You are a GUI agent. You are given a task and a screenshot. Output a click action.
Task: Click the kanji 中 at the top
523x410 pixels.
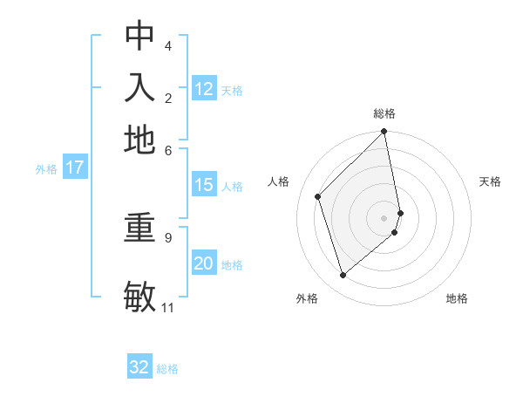(139, 36)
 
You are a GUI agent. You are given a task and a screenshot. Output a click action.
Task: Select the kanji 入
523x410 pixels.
(139, 88)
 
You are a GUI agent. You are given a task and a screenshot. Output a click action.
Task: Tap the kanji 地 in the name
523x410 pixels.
(139, 140)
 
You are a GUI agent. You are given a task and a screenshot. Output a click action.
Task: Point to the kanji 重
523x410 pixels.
(139, 229)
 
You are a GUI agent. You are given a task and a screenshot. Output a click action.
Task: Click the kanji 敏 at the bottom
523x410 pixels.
(139, 297)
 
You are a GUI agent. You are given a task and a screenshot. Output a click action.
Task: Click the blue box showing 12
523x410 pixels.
(204, 89)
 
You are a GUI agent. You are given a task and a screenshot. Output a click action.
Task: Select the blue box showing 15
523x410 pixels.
(204, 185)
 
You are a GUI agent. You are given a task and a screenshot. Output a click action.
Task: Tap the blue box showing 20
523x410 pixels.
(204, 264)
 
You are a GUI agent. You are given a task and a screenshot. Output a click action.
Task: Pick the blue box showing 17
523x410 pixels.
(75, 167)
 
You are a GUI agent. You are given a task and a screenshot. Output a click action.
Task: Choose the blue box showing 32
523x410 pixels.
(139, 367)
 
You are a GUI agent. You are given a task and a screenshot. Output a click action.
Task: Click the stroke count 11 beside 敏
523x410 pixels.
(167, 308)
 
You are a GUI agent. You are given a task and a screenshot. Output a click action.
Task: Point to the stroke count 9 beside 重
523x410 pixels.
(167, 236)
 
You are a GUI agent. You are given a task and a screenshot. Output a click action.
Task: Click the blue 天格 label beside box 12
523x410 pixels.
(232, 90)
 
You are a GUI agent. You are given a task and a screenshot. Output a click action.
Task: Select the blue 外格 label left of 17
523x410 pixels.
(46, 169)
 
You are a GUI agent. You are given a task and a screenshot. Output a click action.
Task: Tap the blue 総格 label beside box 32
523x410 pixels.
(167, 369)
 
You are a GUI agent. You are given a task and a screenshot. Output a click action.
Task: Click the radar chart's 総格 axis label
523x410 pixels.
(384, 113)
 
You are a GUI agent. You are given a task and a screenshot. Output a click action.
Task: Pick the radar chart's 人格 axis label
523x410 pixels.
(279, 181)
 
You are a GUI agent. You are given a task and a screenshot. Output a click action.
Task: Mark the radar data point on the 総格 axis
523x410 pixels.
(384, 133)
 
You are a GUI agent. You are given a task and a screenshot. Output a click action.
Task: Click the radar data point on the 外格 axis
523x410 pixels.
(343, 276)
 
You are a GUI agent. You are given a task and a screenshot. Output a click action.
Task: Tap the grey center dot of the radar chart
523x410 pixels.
(384, 217)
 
